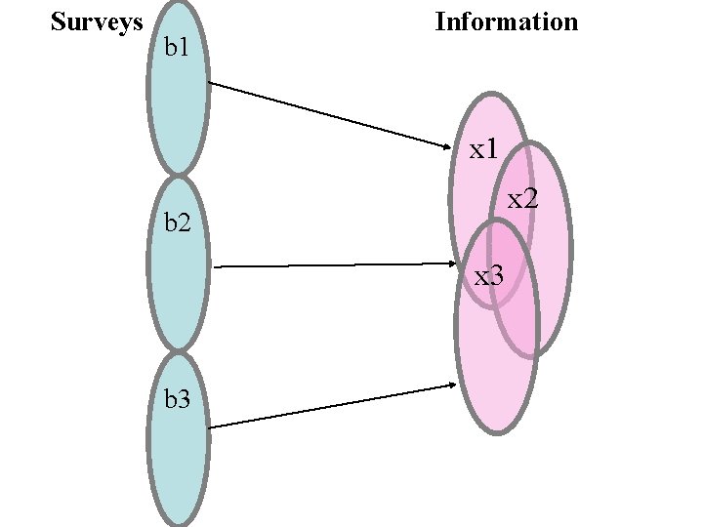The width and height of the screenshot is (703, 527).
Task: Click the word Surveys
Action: click(97, 21)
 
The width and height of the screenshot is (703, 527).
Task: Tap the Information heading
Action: click(506, 21)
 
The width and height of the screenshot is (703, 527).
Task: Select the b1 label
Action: click(178, 47)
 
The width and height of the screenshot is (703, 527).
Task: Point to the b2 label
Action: click(178, 223)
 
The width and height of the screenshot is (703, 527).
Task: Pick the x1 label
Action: click(483, 149)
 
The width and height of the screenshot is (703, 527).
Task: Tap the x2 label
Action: click(522, 199)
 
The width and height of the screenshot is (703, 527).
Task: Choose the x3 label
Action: click(488, 276)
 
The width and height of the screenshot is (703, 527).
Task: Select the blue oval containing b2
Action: click(178, 283)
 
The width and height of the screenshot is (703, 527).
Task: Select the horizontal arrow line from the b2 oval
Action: click(332, 264)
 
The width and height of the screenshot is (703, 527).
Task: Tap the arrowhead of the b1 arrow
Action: click(452, 149)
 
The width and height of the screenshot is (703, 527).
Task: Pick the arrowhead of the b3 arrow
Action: click(451, 385)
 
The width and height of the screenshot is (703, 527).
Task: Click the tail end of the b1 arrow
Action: click(211, 83)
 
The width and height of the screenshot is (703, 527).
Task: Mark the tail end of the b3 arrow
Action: click(211, 426)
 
